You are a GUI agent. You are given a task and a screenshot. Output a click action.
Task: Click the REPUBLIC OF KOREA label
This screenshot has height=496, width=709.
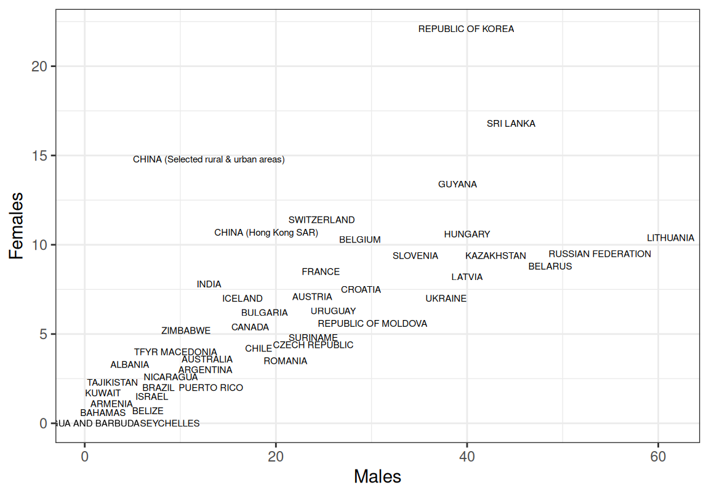click(x=466, y=29)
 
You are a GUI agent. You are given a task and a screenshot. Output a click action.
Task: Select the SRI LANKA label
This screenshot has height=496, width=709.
click(x=511, y=124)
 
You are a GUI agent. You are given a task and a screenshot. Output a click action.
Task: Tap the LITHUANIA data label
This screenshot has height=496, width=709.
click(x=670, y=238)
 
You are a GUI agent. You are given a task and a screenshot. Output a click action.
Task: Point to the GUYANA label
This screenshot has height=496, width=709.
click(x=457, y=185)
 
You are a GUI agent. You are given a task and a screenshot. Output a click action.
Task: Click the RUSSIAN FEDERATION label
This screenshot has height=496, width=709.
click(x=599, y=254)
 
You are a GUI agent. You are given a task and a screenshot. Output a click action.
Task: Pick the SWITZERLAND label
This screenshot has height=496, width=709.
click(x=321, y=220)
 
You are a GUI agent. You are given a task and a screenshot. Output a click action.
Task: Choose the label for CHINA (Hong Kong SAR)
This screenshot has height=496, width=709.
click(x=266, y=233)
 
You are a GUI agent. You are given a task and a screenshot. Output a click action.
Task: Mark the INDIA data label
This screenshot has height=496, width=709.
click(x=209, y=285)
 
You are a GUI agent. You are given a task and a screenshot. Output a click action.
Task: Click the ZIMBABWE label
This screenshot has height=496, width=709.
click(x=186, y=331)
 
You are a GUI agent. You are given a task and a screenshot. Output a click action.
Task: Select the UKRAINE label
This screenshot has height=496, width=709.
click(x=446, y=299)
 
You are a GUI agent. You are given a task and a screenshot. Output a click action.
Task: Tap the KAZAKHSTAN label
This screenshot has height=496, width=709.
click(x=495, y=256)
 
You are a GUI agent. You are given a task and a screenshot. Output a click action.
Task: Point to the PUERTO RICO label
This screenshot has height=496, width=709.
click(x=210, y=388)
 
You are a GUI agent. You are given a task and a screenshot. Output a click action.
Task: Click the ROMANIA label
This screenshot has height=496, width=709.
click(x=285, y=361)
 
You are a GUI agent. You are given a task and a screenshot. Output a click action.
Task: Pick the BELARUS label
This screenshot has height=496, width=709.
click(x=550, y=267)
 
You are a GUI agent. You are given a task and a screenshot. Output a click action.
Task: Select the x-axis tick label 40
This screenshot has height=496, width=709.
click(x=467, y=457)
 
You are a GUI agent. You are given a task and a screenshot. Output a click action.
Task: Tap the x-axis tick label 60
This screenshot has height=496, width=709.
click(x=658, y=457)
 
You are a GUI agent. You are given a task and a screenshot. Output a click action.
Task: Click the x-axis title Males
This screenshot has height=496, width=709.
click(x=377, y=476)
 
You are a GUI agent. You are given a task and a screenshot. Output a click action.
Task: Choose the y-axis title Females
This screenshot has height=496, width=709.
click(x=16, y=225)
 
